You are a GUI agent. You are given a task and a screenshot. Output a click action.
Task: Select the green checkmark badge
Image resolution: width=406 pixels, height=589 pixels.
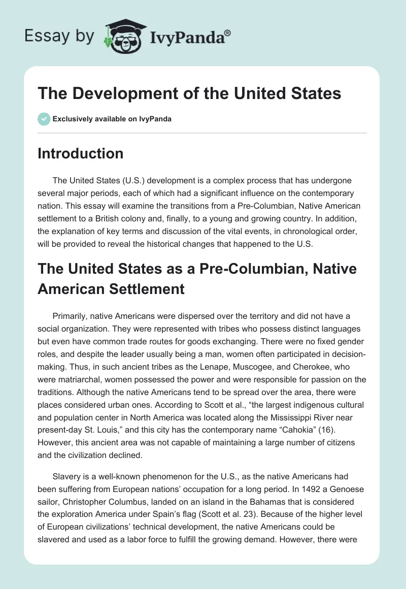coord(44,119)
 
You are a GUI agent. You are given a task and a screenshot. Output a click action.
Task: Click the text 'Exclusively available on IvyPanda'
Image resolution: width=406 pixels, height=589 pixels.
coord(112,119)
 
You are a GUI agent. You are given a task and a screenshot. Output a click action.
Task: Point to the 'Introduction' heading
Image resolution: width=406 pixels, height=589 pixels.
coord(80,153)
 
